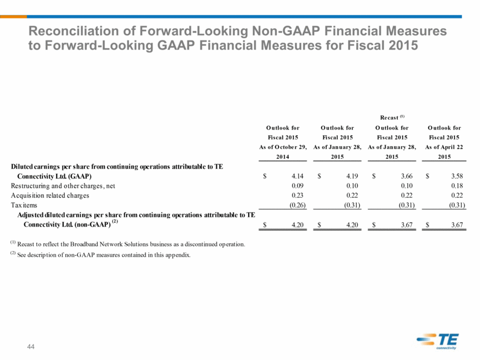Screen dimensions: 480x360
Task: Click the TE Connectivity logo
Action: click(x=437, y=341)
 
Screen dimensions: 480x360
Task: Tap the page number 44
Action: click(x=31, y=347)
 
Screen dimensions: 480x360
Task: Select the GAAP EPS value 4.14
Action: click(x=297, y=176)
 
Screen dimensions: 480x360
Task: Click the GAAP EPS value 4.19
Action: click(x=352, y=176)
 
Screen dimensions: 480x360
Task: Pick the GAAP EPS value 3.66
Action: click(x=407, y=176)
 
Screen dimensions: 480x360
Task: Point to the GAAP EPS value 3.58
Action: click(x=457, y=176)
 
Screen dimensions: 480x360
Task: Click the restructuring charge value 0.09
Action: click(x=297, y=185)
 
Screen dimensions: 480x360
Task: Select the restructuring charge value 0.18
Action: click(x=457, y=185)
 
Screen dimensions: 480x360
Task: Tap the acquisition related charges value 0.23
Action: click(x=297, y=195)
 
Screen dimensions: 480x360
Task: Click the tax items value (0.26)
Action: click(x=298, y=205)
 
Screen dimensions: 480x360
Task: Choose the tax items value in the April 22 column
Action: click(x=457, y=205)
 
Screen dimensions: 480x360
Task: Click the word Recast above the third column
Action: click(x=389, y=117)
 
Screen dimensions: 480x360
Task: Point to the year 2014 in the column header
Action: click(x=283, y=157)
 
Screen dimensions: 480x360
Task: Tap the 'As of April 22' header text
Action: click(x=444, y=147)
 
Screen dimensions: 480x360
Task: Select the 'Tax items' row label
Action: click(x=24, y=205)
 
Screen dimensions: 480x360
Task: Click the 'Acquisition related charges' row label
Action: click(x=50, y=195)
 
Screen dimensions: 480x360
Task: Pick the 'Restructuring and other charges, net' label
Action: click(x=63, y=186)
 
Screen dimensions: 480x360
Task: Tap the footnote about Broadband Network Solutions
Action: click(x=127, y=244)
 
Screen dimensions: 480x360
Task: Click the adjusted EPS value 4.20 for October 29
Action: click(x=297, y=225)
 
